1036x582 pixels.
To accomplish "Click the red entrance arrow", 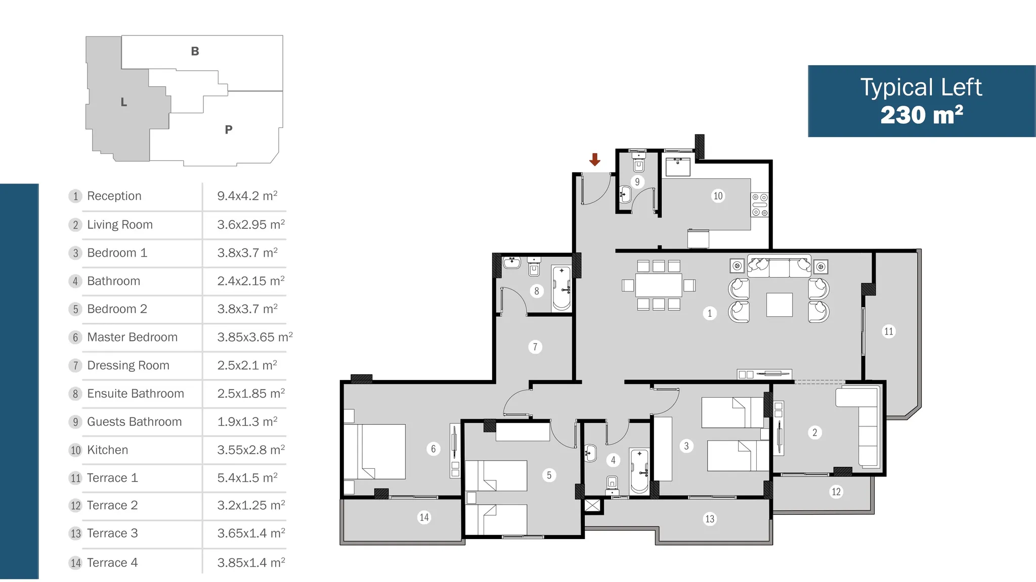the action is click(595, 160).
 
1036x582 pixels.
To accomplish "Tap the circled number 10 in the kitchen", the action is click(718, 196).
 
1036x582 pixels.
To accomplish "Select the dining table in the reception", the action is click(659, 285).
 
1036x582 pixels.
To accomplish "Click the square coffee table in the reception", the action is click(779, 305).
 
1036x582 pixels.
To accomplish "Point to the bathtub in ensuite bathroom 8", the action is click(562, 288).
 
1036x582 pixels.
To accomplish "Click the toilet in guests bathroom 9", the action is click(638, 162).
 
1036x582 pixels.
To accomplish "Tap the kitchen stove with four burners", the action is click(759, 205).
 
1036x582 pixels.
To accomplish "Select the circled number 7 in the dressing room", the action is click(535, 347).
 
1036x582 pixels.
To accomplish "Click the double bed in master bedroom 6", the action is click(375, 452).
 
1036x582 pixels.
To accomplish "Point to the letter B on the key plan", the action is click(195, 52).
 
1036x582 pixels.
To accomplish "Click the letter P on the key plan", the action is click(229, 130).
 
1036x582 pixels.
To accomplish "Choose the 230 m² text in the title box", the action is click(921, 115).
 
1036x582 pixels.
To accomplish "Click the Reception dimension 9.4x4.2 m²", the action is click(247, 196).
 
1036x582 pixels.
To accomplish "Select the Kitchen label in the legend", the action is click(107, 450).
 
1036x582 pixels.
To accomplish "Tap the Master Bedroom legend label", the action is click(132, 337).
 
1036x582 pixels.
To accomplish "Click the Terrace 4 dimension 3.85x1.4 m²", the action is click(251, 562).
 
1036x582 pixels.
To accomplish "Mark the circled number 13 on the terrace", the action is click(710, 519).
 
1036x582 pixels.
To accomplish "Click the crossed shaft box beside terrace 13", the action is click(592, 505).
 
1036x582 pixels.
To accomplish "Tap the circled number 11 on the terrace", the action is click(888, 331).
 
